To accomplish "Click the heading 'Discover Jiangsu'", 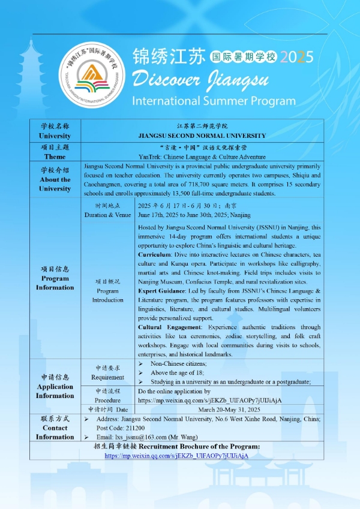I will pyautogui.click(x=197, y=78).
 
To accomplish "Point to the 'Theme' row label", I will pyautogui.click(x=55, y=156).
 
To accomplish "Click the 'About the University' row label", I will pyautogui.click(x=55, y=183).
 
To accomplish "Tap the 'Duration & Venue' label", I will pyautogui.click(x=107, y=214).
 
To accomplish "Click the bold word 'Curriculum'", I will pyautogui.click(x=157, y=255).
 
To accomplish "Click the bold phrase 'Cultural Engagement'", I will pyautogui.click(x=170, y=327).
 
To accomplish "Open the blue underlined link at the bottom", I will pyautogui.click(x=184, y=456).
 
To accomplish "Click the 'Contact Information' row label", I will pyautogui.click(x=55, y=428).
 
